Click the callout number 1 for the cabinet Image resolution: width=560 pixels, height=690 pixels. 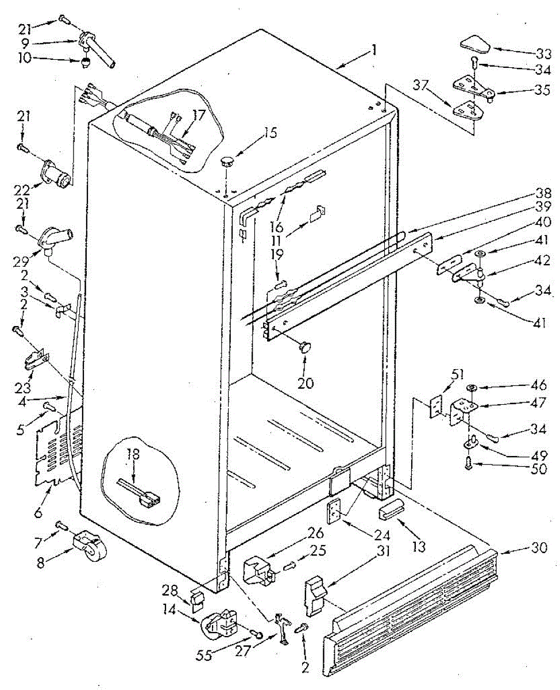(x=374, y=51)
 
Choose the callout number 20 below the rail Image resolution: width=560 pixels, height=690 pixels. (x=305, y=382)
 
